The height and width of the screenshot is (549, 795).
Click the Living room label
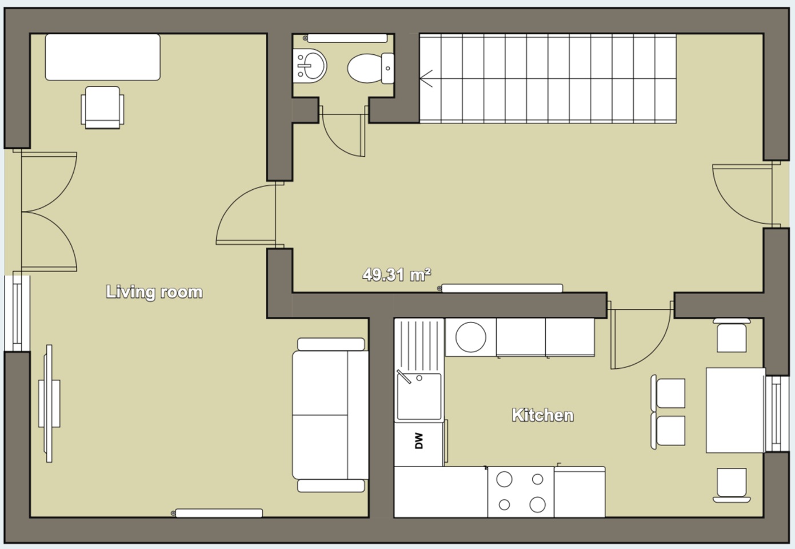(154, 292)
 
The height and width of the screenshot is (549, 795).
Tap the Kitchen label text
(542, 415)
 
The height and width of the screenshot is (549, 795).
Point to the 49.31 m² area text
(396, 275)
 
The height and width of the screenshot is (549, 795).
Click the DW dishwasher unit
(418, 441)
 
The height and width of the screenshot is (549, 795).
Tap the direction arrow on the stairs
(426, 78)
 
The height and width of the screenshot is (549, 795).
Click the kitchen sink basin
(419, 396)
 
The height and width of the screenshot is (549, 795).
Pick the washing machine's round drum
(470, 337)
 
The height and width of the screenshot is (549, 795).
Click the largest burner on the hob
(537, 504)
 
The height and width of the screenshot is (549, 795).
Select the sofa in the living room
(330, 415)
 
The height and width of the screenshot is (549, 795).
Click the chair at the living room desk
(103, 107)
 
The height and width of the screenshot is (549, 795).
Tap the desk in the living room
(103, 57)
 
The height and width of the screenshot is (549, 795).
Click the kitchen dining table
(735, 410)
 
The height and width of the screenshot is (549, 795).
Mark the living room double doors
(49, 212)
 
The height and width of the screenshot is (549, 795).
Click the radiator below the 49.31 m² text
(502, 288)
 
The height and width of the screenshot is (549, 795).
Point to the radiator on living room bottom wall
(218, 513)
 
